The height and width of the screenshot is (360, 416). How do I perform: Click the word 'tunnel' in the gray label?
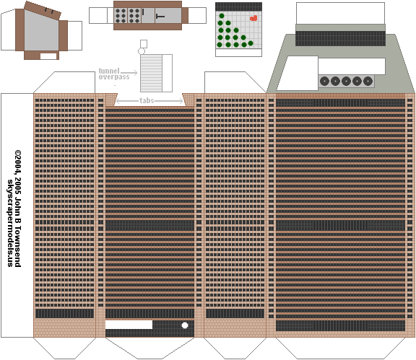[109, 71]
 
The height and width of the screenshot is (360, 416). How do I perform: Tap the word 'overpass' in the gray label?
[114, 77]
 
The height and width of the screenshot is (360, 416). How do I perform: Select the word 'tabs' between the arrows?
[147, 100]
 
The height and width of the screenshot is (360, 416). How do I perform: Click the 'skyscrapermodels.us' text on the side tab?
[10, 223]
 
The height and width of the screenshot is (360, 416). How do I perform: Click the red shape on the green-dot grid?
[253, 18]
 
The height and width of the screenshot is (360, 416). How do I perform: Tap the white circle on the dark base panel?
[185, 325]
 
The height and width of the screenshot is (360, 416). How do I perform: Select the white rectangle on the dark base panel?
[129, 325]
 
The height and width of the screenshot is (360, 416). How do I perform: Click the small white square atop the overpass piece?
[144, 44]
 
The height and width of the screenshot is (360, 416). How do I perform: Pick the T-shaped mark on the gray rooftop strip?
[160, 17]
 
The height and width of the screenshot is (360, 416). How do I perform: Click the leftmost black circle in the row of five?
[324, 81]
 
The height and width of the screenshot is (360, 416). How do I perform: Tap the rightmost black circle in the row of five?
[368, 81]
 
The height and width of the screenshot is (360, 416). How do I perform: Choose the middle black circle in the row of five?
[346, 81]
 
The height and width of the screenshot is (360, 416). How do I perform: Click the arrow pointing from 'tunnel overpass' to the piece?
[129, 72]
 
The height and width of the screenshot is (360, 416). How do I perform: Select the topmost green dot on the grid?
[222, 16]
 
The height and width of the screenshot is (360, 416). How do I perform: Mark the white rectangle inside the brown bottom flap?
[48, 56]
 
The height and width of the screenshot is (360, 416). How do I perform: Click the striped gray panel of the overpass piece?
[151, 73]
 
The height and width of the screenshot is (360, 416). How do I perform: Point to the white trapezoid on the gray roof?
[298, 73]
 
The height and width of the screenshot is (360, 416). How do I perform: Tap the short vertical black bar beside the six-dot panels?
[143, 12]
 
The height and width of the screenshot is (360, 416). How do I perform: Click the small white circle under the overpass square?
[142, 51]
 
